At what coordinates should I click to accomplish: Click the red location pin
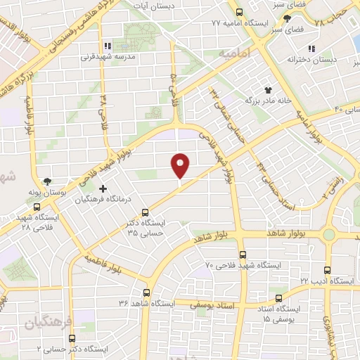click(181, 166)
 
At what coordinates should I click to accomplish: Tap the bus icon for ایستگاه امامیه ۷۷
click(240, 12)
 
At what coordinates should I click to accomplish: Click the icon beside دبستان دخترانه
click(310, 49)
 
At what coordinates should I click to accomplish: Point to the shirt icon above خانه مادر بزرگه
click(268, 89)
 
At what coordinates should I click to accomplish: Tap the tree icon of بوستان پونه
click(47, 181)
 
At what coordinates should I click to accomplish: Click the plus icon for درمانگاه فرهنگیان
click(103, 188)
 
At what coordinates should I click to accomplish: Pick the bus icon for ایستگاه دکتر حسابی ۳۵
click(146, 212)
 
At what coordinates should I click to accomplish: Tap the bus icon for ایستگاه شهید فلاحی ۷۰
click(243, 255)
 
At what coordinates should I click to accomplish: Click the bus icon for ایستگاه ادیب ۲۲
click(326, 270)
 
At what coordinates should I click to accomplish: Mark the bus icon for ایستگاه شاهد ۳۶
click(146, 292)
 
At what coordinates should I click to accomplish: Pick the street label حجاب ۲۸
click(332, 17)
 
